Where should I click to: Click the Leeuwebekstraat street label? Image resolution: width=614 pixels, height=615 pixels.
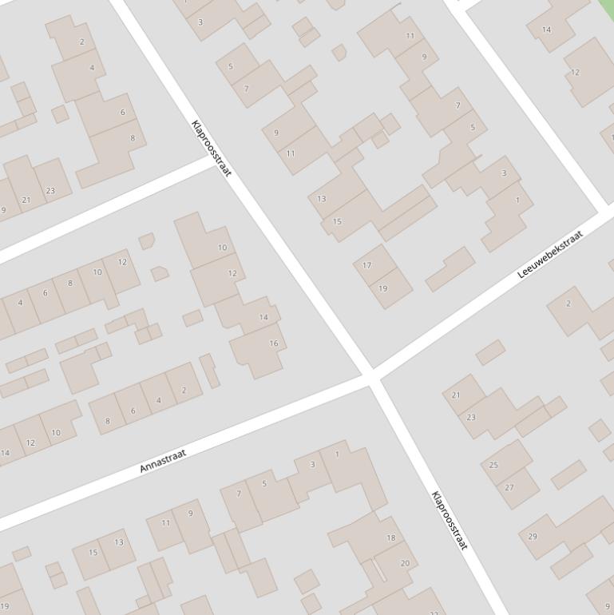[550, 254]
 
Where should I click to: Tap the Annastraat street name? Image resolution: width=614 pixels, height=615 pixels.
[163, 460]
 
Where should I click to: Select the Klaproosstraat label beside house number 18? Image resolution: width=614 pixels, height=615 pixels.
[449, 520]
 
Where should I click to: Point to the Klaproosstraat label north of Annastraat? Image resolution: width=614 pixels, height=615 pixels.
[212, 149]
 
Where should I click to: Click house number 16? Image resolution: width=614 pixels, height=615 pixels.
[274, 343]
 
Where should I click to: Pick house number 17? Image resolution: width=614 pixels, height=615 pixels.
[367, 265]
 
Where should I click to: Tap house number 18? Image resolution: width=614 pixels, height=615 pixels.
[391, 538]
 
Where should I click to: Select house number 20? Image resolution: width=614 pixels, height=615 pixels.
[404, 563]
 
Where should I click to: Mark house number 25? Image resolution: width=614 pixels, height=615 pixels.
[493, 465]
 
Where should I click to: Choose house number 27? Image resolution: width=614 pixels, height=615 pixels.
[509, 487]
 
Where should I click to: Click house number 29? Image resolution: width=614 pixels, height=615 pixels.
[533, 536]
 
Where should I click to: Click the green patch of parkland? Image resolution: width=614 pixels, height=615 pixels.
[607, 10]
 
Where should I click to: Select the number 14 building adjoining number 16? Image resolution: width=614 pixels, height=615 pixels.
[263, 317]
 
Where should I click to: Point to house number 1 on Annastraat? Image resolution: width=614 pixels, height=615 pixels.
[337, 454]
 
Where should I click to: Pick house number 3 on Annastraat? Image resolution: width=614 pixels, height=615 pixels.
[312, 464]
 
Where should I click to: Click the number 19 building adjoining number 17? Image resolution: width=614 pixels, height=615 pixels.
[383, 288]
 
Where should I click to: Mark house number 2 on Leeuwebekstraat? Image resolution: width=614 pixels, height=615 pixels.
[568, 304]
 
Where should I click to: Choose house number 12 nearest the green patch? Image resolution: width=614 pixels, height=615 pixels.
[575, 72]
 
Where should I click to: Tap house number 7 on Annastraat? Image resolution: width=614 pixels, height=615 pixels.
[238, 494]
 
